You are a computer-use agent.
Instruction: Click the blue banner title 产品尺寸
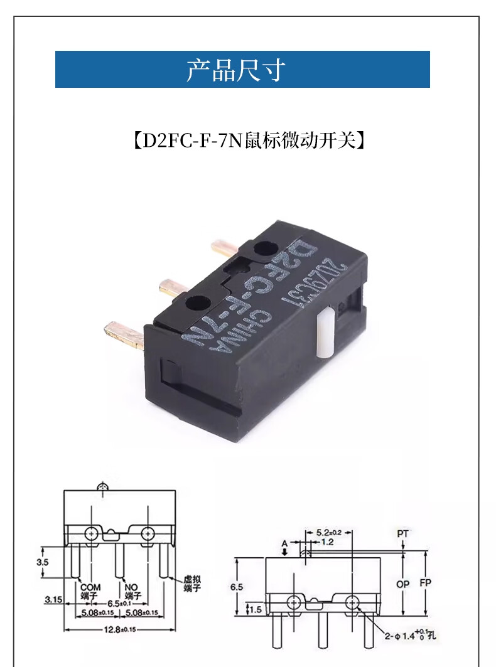236,70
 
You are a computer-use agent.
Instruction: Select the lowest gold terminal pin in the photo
124,334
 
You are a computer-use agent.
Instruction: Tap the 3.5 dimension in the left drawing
42,562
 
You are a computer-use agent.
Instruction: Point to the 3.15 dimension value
53,600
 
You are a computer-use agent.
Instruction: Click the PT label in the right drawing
402,533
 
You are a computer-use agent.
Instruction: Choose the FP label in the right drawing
426,583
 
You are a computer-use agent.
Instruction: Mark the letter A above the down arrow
284,542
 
